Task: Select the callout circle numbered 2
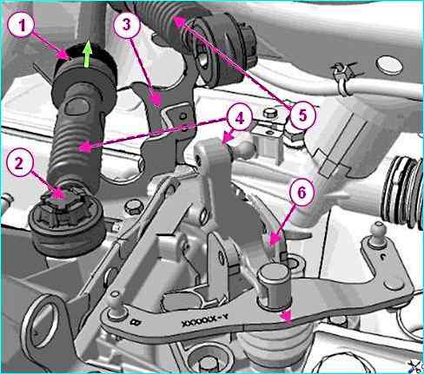(19, 163)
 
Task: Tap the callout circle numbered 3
(127, 25)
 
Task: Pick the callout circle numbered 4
(240, 118)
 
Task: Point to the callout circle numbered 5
(302, 116)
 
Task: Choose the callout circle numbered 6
(301, 193)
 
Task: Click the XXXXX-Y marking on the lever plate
(205, 321)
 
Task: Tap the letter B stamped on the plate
(135, 322)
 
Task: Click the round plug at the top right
(390, 66)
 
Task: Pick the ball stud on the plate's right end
(378, 233)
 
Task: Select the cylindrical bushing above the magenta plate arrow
(274, 285)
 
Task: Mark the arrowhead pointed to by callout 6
(275, 240)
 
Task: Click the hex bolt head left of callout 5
(270, 113)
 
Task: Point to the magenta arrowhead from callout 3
(157, 100)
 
